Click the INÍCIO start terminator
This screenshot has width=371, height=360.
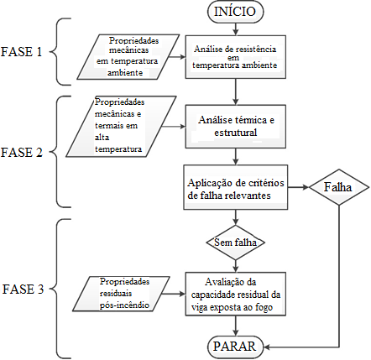[235, 12]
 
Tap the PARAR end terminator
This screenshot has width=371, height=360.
[235, 347]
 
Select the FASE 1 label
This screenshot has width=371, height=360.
[22, 52]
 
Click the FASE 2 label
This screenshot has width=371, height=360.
[22, 153]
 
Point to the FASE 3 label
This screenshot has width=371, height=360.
[23, 289]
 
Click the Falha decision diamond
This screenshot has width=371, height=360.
[339, 187]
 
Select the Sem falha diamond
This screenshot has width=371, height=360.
[236, 243]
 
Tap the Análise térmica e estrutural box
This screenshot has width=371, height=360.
[236, 127]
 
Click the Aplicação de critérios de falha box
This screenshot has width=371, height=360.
[236, 187]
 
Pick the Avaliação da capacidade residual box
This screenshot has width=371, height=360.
[236, 294]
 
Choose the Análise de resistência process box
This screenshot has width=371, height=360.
[236, 57]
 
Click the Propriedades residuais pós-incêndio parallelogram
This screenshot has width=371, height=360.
[121, 294]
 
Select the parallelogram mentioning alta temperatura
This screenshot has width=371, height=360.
[121, 127]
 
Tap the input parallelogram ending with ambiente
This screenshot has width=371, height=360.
[128, 57]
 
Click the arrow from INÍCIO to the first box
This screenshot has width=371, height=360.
[236, 29]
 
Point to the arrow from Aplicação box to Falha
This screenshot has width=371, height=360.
[298, 187]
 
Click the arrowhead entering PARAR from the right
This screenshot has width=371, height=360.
[266, 347]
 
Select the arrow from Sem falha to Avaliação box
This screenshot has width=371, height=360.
[236, 266]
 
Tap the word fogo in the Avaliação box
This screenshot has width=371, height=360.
[264, 308]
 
